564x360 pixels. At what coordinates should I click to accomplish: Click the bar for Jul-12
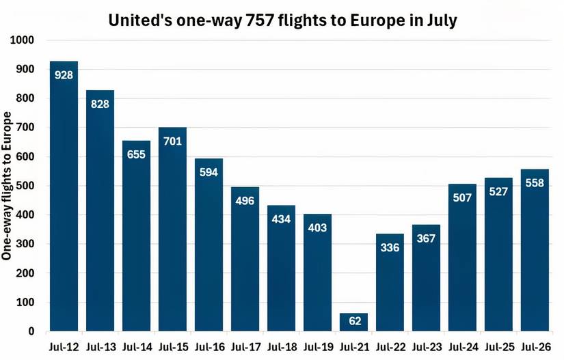coord(64,198)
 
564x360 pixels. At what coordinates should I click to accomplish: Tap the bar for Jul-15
coord(172,232)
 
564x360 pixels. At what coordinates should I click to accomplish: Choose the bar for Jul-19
coord(317,273)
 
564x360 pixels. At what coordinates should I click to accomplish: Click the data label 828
coord(100,103)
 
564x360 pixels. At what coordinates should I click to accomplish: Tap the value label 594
coord(209,171)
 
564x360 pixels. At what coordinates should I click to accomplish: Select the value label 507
coord(462,197)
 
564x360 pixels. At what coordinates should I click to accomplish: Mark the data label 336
coord(390,247)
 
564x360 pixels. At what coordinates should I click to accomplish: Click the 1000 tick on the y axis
coord(23,40)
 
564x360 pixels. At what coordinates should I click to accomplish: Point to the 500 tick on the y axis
coord(26,186)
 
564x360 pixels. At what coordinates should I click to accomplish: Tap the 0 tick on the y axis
coord(31,331)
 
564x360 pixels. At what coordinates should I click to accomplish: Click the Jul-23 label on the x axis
coord(426,346)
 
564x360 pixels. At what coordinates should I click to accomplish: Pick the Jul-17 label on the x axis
coord(245,346)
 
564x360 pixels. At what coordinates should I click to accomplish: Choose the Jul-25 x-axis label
coord(498,346)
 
